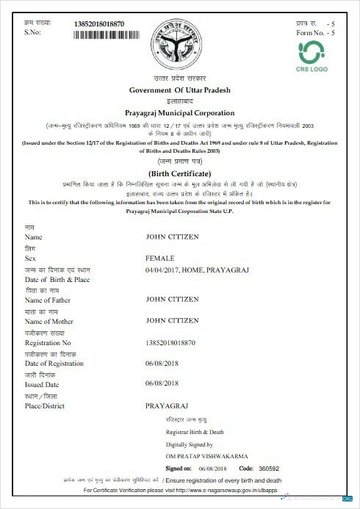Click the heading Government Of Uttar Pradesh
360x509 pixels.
click(180, 90)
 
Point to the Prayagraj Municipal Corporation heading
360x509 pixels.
click(180, 113)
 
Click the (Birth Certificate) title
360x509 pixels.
click(180, 173)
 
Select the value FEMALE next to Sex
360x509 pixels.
click(160, 259)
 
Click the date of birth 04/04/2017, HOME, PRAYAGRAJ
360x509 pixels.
click(198, 270)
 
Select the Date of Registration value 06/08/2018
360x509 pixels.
click(162, 364)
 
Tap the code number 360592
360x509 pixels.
click(270, 468)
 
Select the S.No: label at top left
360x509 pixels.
click(32, 33)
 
